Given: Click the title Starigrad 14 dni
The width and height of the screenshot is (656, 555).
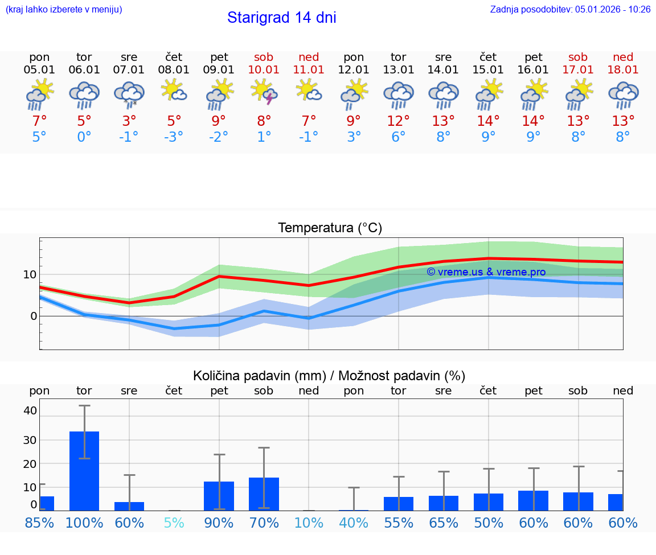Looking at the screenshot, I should [281, 18].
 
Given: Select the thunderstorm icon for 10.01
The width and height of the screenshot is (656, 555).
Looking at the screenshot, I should [264, 93].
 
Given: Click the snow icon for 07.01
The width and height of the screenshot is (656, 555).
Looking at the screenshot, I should [129, 94].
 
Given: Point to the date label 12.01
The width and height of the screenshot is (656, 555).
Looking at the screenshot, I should [354, 70].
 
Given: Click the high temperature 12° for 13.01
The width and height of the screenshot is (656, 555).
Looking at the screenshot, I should [398, 121].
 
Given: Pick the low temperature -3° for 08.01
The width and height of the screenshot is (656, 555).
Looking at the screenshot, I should [174, 137].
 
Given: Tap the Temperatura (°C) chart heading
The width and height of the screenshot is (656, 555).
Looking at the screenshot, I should [330, 228].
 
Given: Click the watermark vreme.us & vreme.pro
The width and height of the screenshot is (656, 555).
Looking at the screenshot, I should [486, 272].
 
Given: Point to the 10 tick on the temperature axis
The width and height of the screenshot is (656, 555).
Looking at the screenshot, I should [30, 274].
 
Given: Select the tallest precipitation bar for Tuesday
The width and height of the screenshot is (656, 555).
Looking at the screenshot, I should [84, 471].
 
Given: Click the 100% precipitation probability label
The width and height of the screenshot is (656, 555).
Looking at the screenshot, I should [84, 523].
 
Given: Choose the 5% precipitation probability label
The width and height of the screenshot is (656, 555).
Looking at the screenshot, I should [174, 523].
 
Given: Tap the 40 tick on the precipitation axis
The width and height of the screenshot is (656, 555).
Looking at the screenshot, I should [30, 410].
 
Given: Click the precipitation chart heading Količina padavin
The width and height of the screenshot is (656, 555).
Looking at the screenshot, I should [329, 376].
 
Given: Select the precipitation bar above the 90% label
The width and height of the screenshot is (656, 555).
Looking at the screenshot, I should [219, 496].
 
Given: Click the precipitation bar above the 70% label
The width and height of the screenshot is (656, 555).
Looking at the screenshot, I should [264, 494].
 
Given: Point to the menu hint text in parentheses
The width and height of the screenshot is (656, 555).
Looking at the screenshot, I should [64, 9].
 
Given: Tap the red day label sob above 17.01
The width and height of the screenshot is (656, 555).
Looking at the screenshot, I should [578, 57].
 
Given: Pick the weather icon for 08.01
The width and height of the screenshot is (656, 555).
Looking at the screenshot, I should [174, 91].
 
